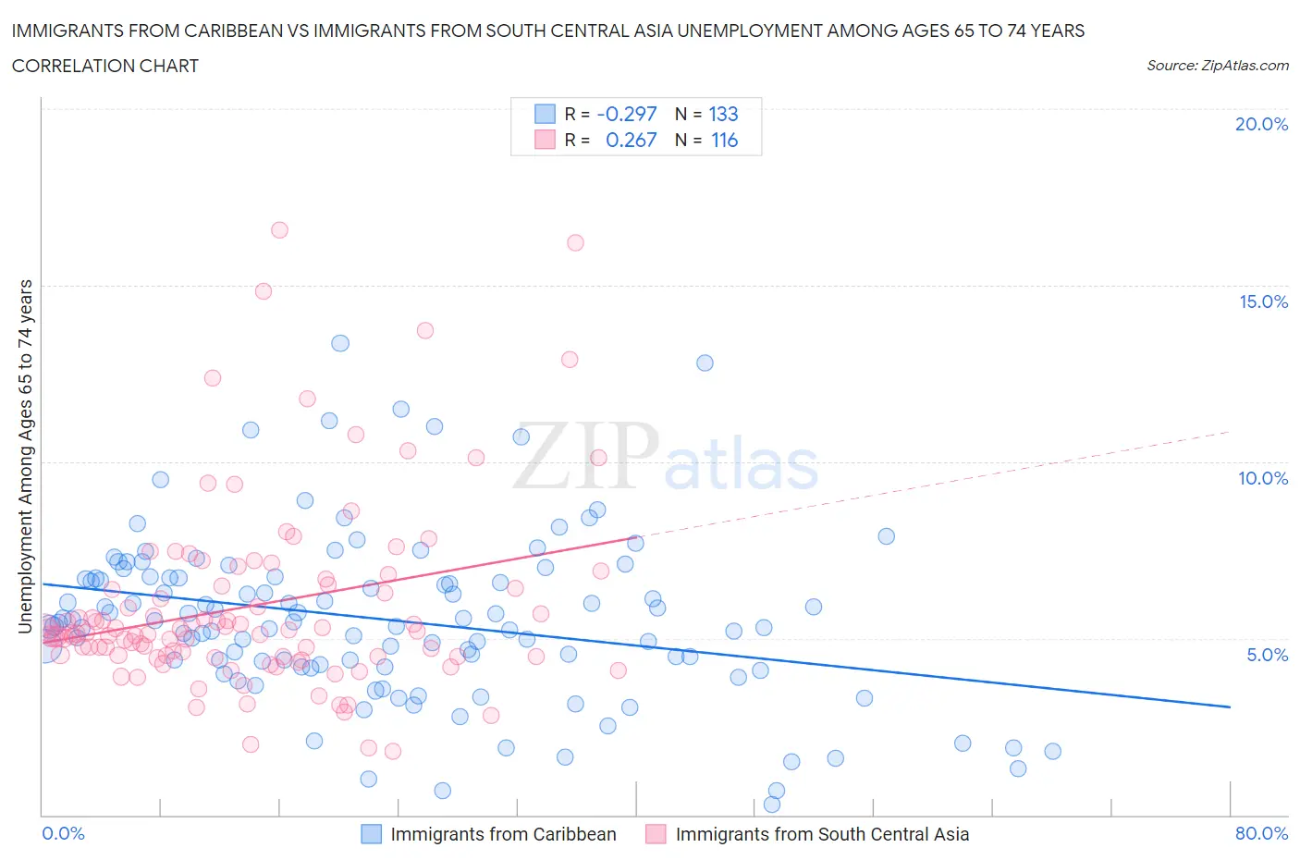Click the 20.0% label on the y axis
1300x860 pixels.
pos(1261,124)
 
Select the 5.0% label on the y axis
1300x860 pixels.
pos(1267,655)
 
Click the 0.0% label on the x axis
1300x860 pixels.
pos(63,833)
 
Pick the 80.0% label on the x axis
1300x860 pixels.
pos(1261,833)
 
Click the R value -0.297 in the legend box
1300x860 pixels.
pos(627,114)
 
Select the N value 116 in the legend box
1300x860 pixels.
pos(724,140)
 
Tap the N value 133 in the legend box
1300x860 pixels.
pos(723,114)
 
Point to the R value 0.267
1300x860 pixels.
pos(631,140)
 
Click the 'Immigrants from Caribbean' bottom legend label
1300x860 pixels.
pos(503,834)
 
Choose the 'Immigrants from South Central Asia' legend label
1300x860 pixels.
pos(822,834)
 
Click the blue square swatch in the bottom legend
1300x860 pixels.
pos(371,834)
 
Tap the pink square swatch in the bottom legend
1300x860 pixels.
pos(656,834)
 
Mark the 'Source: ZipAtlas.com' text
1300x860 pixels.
pos(1217,65)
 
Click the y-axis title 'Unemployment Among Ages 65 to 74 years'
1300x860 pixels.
pos(25,457)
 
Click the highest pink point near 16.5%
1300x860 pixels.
pos(279,229)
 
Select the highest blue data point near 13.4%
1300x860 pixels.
pos(340,343)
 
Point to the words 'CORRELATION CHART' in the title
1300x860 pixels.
pos(105,66)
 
